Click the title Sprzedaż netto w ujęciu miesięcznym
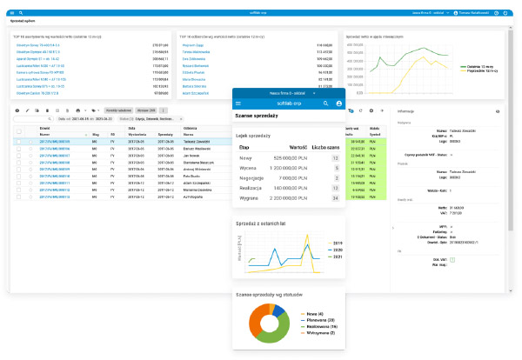click(x=374, y=37)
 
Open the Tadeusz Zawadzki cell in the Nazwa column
click(x=196, y=139)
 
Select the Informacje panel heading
click(x=405, y=112)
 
